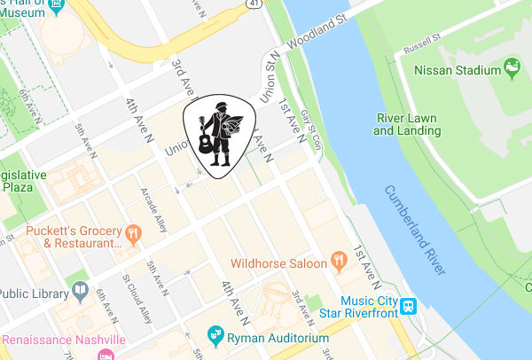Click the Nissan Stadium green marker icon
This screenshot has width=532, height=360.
coord(512,67)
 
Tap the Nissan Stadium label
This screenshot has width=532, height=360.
coord(459,67)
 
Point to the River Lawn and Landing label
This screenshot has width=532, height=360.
coord(407,124)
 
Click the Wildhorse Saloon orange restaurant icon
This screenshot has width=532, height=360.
coord(337,261)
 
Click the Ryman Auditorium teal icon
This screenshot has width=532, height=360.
coord(214,334)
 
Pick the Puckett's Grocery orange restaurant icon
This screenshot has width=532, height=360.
coord(133,234)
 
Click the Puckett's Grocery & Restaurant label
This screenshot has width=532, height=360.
coord(74,236)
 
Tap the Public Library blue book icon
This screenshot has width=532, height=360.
coord(80,290)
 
